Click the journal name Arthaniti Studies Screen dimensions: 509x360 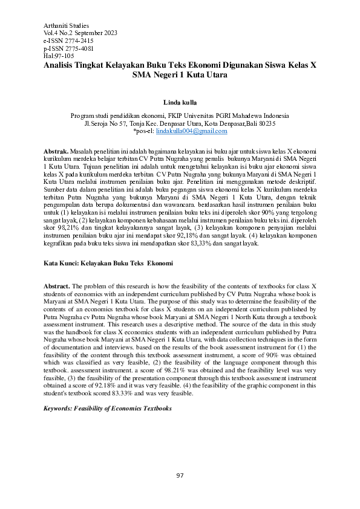point(67,25)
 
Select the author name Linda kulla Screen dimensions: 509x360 point(180,103)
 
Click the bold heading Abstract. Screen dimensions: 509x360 point(57,285)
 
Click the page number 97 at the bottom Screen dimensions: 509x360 point(180,476)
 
